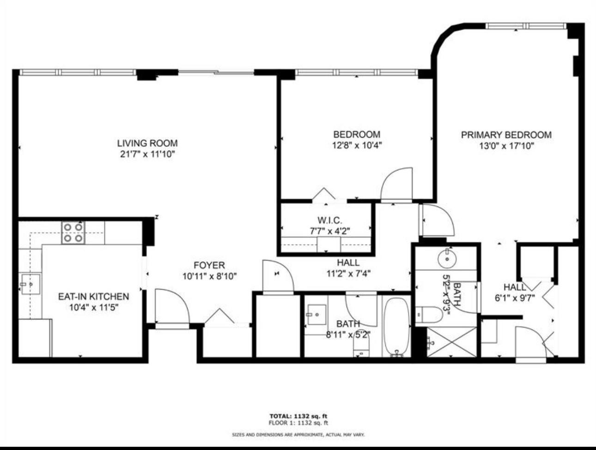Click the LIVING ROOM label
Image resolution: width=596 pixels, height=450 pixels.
[x=147, y=143]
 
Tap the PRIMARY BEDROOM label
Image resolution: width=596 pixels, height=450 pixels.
[x=506, y=135]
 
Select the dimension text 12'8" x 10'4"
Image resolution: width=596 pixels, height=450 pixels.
[x=357, y=146]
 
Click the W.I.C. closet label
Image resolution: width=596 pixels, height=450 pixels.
[x=329, y=220]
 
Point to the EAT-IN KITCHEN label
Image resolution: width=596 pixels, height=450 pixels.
[x=93, y=296]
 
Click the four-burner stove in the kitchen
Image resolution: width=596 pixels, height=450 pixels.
[x=73, y=232]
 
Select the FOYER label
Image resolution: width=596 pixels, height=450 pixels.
[x=209, y=265]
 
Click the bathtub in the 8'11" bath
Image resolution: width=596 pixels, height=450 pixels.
[x=397, y=327]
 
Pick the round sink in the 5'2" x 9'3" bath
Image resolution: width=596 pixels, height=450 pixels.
[x=447, y=259]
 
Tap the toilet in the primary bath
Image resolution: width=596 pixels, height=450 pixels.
[x=424, y=316]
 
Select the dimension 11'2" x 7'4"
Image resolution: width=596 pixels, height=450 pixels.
[x=348, y=273]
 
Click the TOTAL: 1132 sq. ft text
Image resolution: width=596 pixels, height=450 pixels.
[x=298, y=416]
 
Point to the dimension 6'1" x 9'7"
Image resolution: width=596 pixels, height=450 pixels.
[x=514, y=298]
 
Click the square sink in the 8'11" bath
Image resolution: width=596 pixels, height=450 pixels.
[x=316, y=314]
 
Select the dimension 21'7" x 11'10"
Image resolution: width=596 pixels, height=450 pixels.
[x=147, y=154]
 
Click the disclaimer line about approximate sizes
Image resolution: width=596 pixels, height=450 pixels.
[x=298, y=435]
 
